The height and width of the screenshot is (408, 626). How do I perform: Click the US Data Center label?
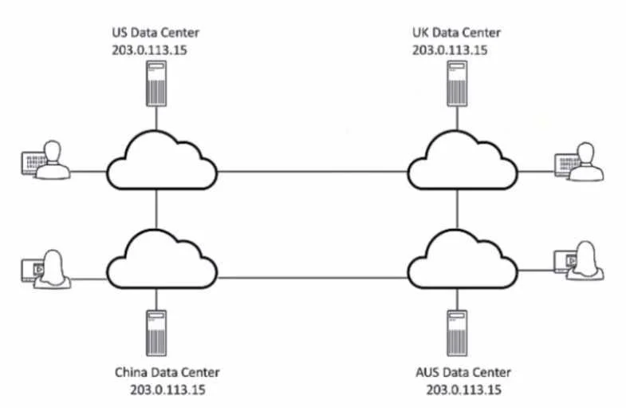tap(156, 33)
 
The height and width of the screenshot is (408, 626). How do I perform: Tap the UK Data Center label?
tap(456, 33)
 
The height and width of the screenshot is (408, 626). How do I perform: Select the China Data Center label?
tap(167, 372)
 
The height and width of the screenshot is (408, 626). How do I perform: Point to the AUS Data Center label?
tap(463, 372)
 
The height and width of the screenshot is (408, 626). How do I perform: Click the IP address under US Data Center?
tap(149, 50)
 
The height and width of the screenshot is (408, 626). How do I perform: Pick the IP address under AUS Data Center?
tap(464, 390)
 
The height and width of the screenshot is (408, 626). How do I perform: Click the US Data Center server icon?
tap(156, 84)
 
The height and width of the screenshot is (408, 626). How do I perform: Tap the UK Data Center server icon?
tap(457, 84)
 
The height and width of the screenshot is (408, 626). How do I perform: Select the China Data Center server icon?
tap(156, 333)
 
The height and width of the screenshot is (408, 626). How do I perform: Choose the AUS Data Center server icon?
tap(457, 333)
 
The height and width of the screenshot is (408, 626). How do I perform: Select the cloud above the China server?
tap(162, 259)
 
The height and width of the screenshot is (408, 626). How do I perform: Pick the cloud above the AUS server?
tap(463, 259)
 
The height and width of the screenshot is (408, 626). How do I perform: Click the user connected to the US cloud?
tap(45, 160)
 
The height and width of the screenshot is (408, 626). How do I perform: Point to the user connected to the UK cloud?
tap(579, 161)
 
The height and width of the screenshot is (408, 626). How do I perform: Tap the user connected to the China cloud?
tap(46, 269)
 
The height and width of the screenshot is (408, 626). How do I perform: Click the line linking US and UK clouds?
tap(312, 172)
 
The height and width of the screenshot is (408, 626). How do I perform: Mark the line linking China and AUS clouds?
tap(312, 277)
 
